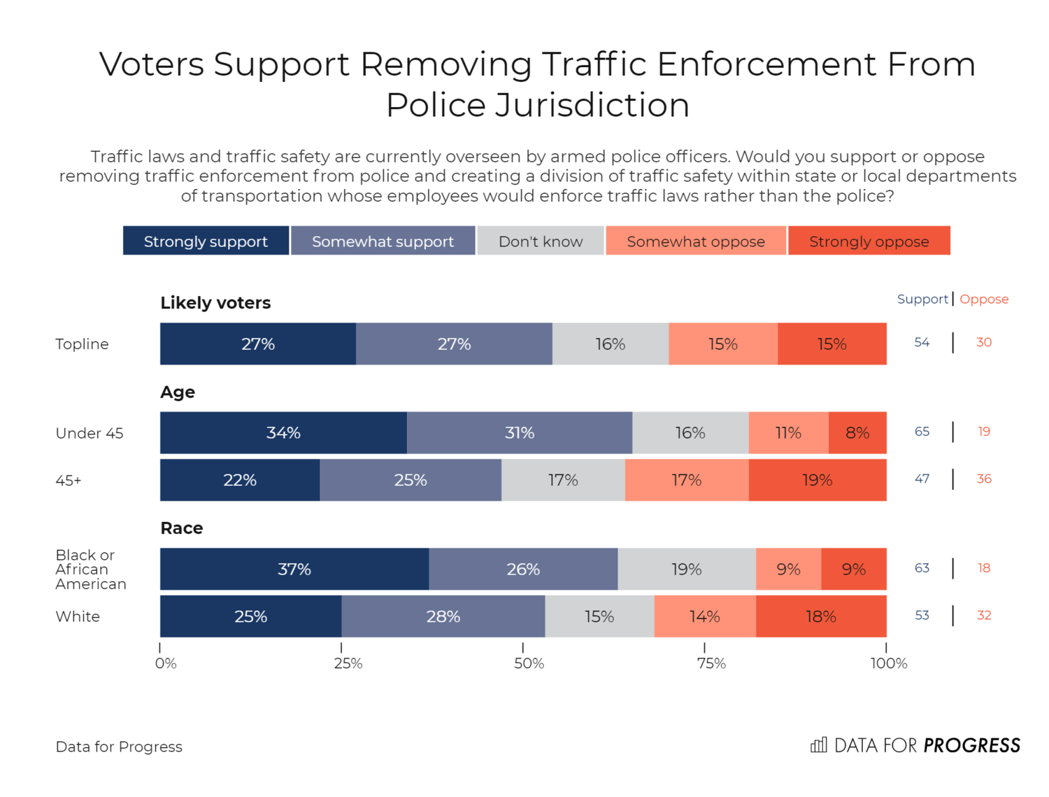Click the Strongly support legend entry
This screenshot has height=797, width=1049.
206,241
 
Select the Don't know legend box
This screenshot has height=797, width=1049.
540,241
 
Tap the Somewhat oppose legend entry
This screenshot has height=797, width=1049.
696,241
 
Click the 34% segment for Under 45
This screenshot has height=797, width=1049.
283,432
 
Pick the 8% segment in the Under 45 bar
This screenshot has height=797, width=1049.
857,432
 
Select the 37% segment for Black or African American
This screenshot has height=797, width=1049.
294,569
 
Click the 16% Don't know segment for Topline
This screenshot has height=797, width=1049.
610,344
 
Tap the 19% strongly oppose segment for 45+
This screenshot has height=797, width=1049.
817,480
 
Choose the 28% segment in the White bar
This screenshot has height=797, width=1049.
443,616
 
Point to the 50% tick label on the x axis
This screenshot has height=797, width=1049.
529,663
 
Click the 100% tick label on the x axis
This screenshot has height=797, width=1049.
888,663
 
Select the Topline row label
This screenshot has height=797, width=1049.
82,344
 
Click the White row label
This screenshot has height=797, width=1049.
78,616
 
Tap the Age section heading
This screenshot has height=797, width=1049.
178,392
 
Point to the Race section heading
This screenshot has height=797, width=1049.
182,528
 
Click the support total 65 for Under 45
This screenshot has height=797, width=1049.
922,431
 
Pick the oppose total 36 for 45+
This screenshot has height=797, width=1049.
984,479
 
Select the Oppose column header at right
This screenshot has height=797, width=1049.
984,299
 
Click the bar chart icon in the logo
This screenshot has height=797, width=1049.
818,745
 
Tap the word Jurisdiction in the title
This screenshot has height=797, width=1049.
592,105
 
